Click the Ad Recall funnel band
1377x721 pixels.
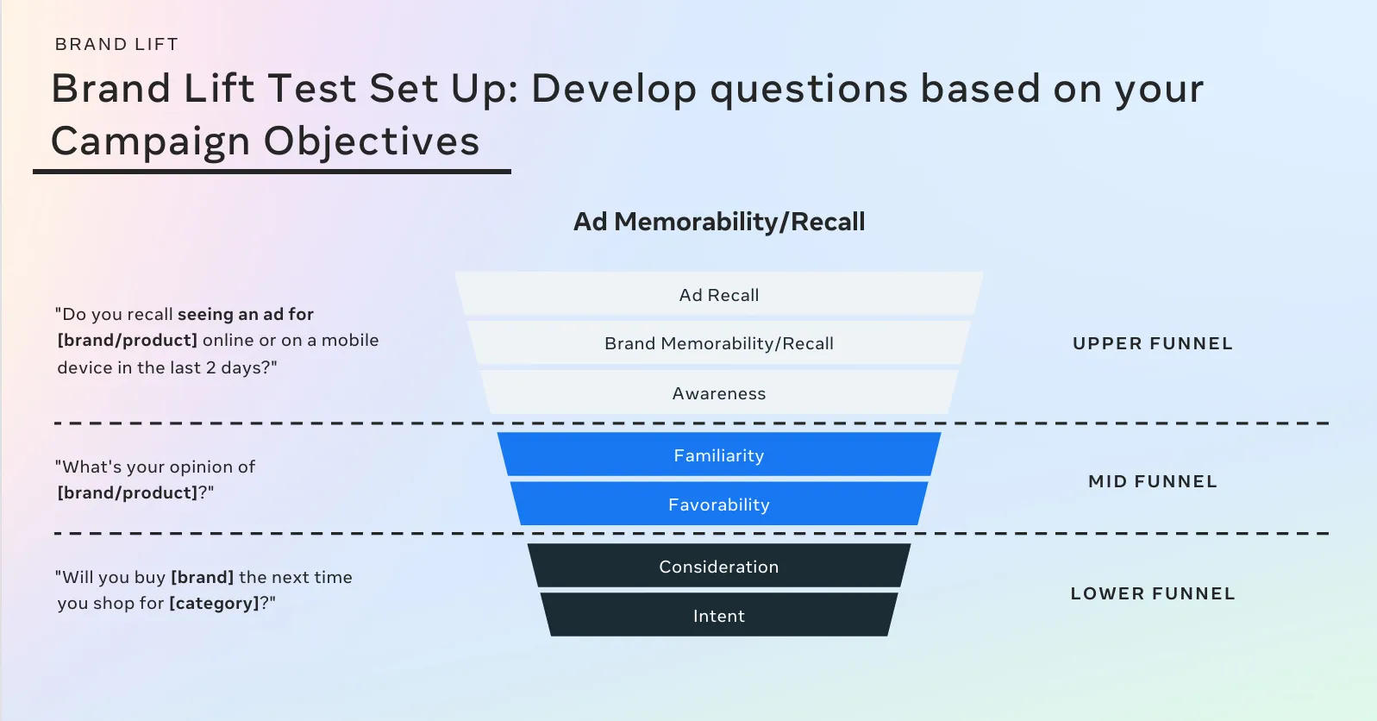[x=718, y=294]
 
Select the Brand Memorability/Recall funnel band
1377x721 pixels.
[x=718, y=342]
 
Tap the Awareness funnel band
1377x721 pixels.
[x=718, y=392]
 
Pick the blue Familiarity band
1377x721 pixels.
[x=718, y=455]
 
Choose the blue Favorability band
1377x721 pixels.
[x=718, y=504]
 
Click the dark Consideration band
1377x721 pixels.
[x=718, y=566]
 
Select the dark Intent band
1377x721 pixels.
[x=718, y=615]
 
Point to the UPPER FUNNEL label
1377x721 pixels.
[x=1153, y=343]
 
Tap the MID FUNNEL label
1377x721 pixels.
[x=1153, y=481]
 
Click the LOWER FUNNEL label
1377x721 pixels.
[x=1153, y=593]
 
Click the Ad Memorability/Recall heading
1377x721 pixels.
[x=718, y=222]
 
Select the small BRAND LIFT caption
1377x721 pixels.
[x=116, y=44]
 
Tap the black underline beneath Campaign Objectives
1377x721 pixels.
[x=272, y=172]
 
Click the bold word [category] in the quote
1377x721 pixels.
[x=215, y=603]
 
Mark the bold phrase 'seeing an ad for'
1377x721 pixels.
[x=245, y=314]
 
